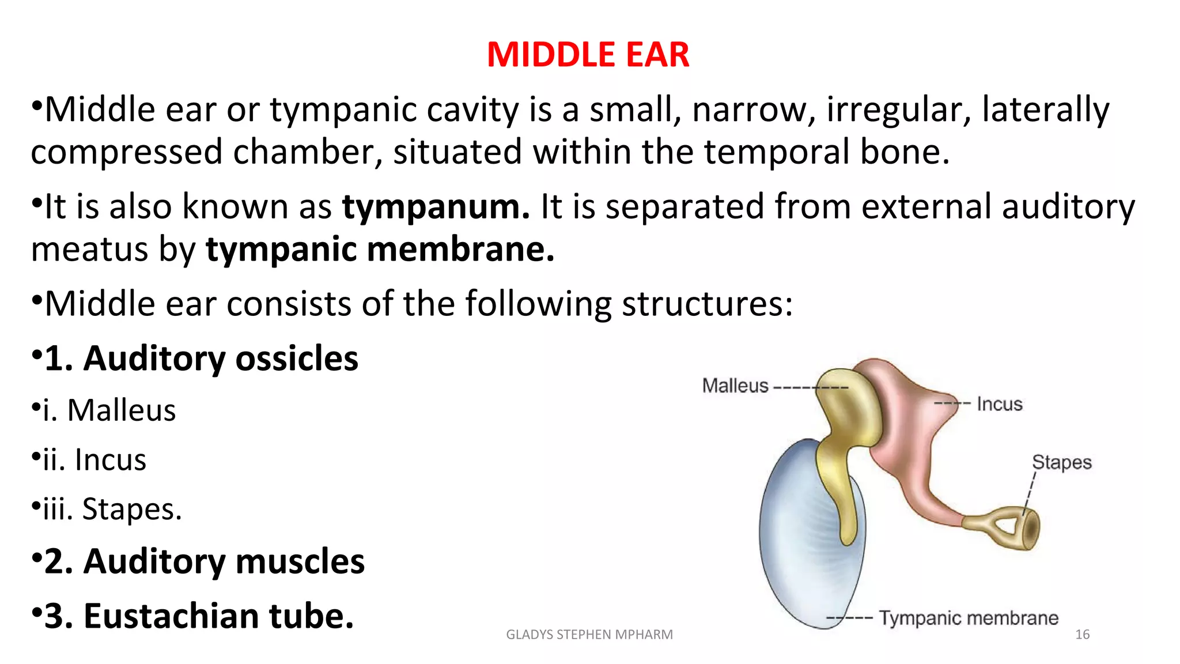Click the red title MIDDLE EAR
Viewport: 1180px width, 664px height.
588,55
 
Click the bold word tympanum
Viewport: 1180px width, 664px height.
436,206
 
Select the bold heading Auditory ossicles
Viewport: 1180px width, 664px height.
221,358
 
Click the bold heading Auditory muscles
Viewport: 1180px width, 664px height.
224,561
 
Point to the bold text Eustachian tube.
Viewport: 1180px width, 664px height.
218,616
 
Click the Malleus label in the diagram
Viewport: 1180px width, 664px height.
735,386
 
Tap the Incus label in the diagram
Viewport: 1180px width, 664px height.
999,404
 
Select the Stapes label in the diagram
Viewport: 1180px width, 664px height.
1061,462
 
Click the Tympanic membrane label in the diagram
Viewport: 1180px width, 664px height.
968,618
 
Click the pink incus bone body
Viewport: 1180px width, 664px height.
905,427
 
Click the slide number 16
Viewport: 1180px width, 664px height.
1082,635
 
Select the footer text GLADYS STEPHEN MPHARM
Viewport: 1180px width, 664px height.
589,635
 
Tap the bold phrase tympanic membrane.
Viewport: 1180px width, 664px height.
380,250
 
